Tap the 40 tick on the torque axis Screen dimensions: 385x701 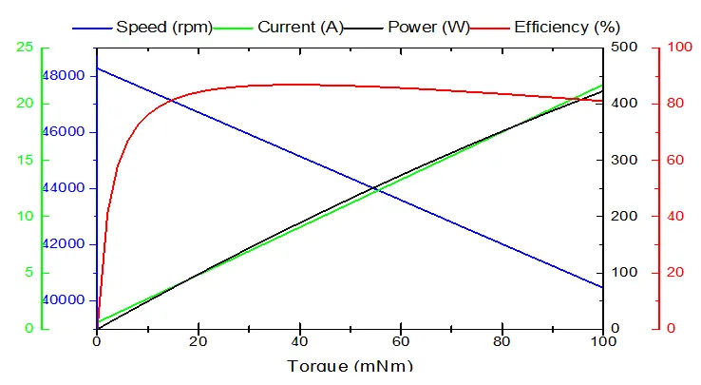coord(299,343)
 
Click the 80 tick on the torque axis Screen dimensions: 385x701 coord(502,343)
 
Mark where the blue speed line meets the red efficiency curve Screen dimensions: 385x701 coord(172,100)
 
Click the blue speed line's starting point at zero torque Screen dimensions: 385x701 coord(97,67)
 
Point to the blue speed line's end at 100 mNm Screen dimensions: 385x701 coord(602,287)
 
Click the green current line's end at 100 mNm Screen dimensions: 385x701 coord(602,85)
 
